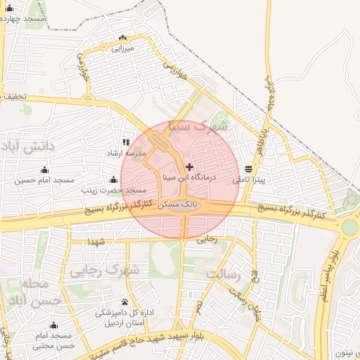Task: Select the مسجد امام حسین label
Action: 45,181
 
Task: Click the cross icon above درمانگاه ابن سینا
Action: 189,167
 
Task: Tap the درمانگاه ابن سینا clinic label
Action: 189,179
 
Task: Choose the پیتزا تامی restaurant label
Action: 250,180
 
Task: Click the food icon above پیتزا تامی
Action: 248,169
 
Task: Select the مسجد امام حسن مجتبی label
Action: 53,341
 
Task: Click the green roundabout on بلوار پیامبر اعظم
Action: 349,227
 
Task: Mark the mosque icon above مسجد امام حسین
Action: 45,169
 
